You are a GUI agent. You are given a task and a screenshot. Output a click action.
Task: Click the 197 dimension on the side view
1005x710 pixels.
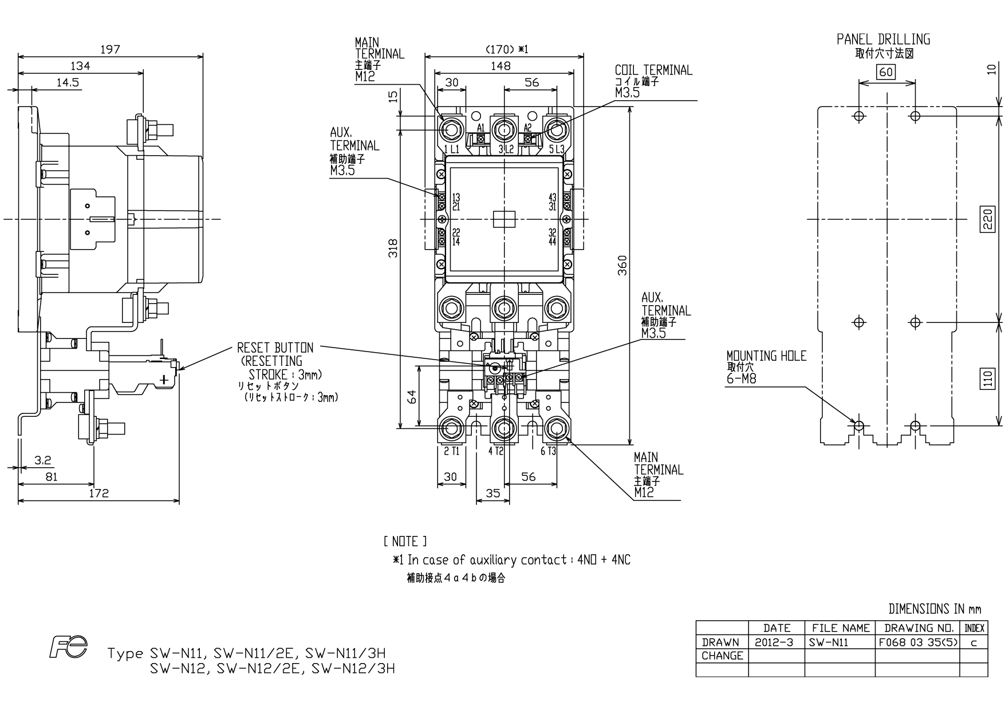point(110,49)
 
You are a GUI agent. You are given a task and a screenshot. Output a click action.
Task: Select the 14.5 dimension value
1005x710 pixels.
point(68,82)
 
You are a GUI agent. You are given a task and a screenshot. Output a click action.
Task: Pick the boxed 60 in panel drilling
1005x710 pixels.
point(886,72)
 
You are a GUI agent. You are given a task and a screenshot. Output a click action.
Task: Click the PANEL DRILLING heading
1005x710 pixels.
point(883,40)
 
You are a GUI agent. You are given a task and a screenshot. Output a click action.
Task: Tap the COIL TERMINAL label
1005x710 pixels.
point(653,70)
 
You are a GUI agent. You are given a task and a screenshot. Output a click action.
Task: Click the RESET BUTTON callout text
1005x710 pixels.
point(275,348)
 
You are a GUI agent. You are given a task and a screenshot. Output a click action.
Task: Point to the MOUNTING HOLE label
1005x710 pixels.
point(766,356)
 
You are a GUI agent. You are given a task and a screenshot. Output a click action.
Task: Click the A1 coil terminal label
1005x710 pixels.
point(481,128)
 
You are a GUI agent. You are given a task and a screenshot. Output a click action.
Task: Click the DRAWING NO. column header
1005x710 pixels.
point(917,628)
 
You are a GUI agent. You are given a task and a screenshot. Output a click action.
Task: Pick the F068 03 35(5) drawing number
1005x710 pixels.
point(917,642)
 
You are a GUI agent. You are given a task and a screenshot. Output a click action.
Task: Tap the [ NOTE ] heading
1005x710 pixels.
point(405,541)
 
